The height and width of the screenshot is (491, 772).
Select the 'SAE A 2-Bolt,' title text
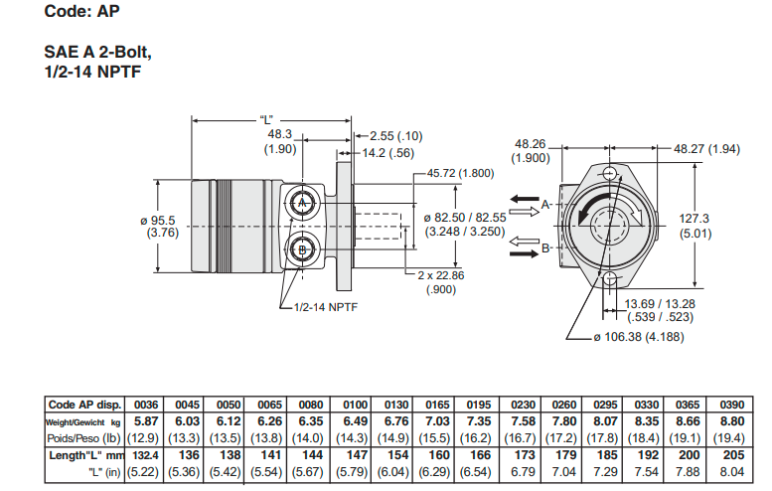pos(97,52)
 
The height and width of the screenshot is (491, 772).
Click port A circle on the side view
pos(302,204)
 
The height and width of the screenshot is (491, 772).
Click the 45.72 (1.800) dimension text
pos(460,173)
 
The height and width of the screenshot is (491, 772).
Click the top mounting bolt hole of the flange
pos(607,172)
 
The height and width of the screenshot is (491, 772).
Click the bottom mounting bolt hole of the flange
pos(608,279)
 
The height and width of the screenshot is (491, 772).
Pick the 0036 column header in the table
pos(146,405)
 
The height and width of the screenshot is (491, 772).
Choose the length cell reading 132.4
pos(146,455)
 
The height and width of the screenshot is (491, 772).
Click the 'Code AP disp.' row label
pos(84,405)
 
